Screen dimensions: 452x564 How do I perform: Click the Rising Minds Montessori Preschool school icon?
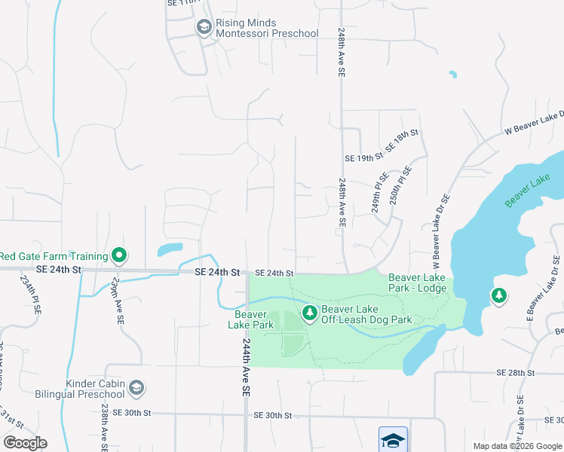[204, 28]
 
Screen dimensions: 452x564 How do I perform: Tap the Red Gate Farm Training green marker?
[119, 256]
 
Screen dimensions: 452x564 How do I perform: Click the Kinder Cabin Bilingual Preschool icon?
[136, 389]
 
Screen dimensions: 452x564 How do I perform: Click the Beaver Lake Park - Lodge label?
[417, 282]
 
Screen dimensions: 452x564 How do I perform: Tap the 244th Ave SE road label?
[247, 367]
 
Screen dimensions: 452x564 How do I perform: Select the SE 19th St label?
[364, 158]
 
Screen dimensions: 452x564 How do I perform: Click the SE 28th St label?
[515, 373]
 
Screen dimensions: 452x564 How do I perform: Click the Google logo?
[25, 442]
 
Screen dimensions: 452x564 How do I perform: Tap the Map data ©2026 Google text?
[516, 446]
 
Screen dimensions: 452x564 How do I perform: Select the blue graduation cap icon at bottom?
[393, 440]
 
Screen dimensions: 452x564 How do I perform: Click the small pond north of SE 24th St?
[170, 249]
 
